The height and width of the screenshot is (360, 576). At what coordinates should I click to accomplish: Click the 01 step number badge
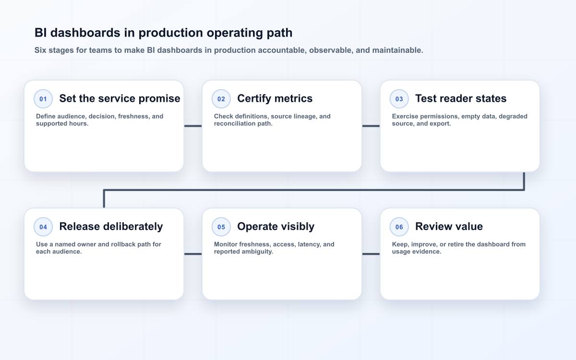tap(43, 99)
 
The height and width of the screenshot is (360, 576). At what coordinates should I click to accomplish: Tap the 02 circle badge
tap(221, 99)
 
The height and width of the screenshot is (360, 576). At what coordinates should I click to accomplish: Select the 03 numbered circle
tap(399, 99)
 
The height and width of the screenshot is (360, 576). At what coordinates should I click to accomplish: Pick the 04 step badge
tap(43, 227)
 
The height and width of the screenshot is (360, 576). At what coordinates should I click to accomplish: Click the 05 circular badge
tap(221, 227)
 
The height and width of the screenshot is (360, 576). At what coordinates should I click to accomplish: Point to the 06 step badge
tap(399, 227)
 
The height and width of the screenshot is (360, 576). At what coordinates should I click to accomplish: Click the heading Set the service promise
tap(120, 98)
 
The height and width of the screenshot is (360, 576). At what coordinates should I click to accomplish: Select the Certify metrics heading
tap(275, 98)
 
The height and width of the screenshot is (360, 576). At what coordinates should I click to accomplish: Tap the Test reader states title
tap(461, 98)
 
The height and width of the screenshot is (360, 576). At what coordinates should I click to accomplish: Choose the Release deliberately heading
tap(111, 227)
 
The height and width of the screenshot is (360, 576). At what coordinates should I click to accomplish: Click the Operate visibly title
tap(276, 227)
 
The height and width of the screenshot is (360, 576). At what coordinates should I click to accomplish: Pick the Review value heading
tap(449, 227)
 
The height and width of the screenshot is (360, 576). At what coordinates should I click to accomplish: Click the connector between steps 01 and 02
tap(193, 126)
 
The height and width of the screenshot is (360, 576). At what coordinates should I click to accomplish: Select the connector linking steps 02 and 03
tap(371, 126)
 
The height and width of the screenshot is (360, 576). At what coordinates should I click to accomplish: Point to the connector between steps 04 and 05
tap(193, 254)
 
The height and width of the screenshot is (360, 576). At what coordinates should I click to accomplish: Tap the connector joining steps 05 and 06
tap(371, 254)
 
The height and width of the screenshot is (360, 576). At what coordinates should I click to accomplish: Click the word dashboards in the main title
tap(85, 33)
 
